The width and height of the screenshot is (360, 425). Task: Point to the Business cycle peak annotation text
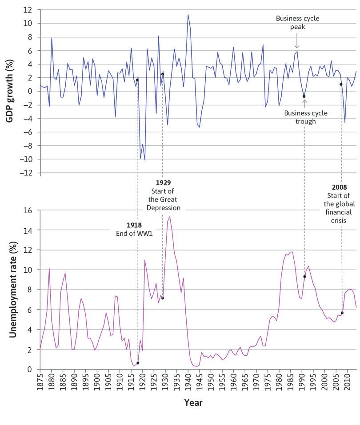297,22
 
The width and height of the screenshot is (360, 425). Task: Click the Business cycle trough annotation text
305,117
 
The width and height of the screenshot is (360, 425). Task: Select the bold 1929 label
164,183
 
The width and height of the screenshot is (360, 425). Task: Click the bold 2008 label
339,187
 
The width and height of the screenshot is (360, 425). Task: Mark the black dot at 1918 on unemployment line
138,363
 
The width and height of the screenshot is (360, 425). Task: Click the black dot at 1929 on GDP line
163,74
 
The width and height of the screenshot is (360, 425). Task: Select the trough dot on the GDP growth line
304,96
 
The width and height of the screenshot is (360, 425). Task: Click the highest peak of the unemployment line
170,217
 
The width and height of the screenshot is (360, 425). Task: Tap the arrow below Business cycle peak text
297,44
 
